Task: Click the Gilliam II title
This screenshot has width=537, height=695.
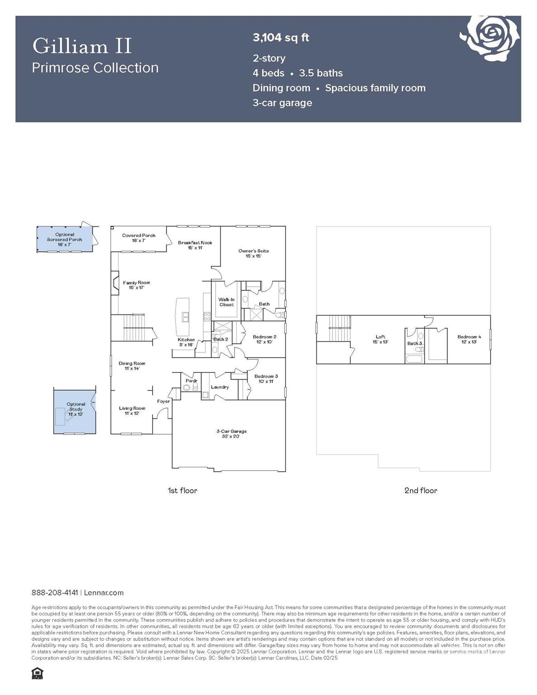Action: pyautogui.click(x=82, y=46)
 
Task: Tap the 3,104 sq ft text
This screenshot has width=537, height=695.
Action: pyautogui.click(x=280, y=38)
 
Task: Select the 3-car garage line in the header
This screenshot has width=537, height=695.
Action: pyautogui.click(x=282, y=103)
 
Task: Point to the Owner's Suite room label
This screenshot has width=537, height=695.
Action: pyautogui.click(x=253, y=253)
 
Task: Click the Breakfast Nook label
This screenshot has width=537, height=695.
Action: pyautogui.click(x=195, y=245)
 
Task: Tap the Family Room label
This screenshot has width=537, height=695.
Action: pyautogui.click(x=136, y=285)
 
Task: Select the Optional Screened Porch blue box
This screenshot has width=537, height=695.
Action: pyautogui.click(x=65, y=239)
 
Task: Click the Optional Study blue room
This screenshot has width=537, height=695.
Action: pyautogui.click(x=75, y=411)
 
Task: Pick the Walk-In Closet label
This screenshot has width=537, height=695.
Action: pyautogui.click(x=226, y=302)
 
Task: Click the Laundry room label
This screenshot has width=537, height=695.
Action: pyautogui.click(x=220, y=387)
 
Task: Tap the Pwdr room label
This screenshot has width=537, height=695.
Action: pyautogui.click(x=191, y=381)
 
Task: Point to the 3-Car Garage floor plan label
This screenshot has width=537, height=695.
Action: pyautogui.click(x=231, y=434)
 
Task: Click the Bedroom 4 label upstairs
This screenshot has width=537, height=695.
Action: pyautogui.click(x=469, y=339)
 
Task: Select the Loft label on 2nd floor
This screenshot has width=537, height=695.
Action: pyautogui.click(x=380, y=339)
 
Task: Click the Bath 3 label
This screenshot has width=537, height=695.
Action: pyautogui.click(x=414, y=343)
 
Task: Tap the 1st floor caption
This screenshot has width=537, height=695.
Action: pyautogui.click(x=182, y=490)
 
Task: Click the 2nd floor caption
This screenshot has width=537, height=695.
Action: pyautogui.click(x=420, y=490)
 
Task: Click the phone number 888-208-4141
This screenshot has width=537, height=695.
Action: pyautogui.click(x=55, y=593)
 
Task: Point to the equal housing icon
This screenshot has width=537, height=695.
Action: pyautogui.click(x=37, y=674)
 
